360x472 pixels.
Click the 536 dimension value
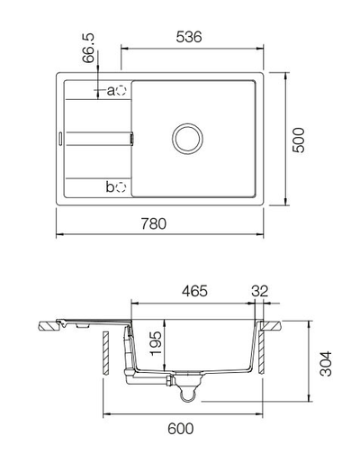(x=187, y=37)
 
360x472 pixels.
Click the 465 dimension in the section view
(x=195, y=291)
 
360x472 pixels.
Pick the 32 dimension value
(x=261, y=291)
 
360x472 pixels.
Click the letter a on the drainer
(x=112, y=91)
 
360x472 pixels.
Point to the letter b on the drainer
(x=111, y=187)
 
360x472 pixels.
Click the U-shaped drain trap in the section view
(x=187, y=390)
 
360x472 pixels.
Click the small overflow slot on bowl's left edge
(x=134, y=138)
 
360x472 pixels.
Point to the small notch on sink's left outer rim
(x=59, y=138)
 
